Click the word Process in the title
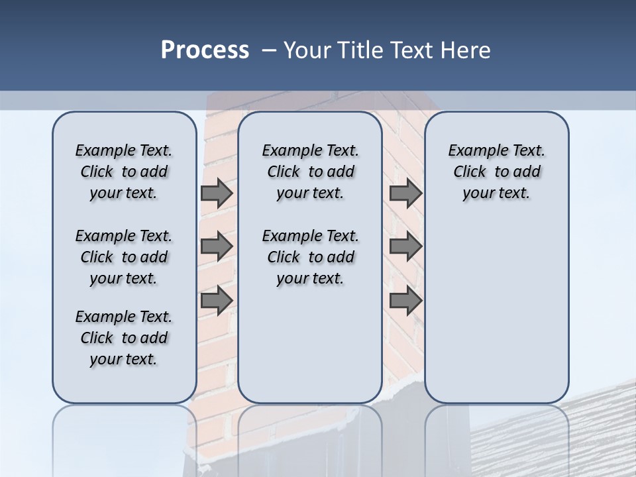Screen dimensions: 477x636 point(205,50)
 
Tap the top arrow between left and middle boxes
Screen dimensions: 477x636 point(217,193)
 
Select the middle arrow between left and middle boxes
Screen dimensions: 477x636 point(217,246)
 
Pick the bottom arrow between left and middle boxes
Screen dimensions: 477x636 point(217,300)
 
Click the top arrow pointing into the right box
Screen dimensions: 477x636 point(405,193)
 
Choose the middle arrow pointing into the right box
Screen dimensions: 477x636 point(405,246)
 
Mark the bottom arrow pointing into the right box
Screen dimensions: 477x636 point(405,300)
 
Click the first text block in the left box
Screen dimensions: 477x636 point(124,172)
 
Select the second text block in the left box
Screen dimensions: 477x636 point(124,257)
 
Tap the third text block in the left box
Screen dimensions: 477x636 point(124,338)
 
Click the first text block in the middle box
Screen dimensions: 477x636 point(310,172)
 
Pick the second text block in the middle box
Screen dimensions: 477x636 point(310,257)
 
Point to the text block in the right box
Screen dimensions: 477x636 point(496,172)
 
